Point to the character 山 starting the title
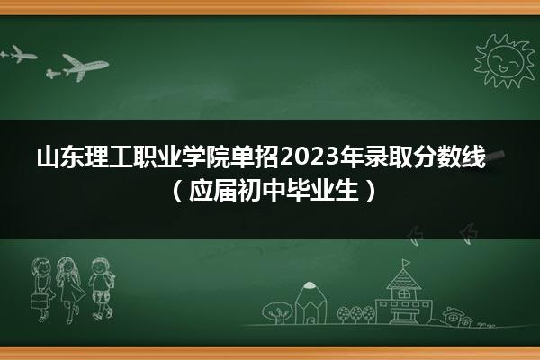click(49, 157)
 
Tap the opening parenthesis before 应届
click(176, 191)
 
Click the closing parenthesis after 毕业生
click(370, 191)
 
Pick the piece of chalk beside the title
click(495, 156)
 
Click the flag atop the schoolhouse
click(407, 263)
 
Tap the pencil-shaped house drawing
click(310, 302)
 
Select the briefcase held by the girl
click(40, 301)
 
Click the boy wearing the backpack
click(101, 288)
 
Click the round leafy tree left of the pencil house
click(276, 312)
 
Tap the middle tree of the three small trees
click(356, 313)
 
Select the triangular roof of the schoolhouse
click(403, 278)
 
